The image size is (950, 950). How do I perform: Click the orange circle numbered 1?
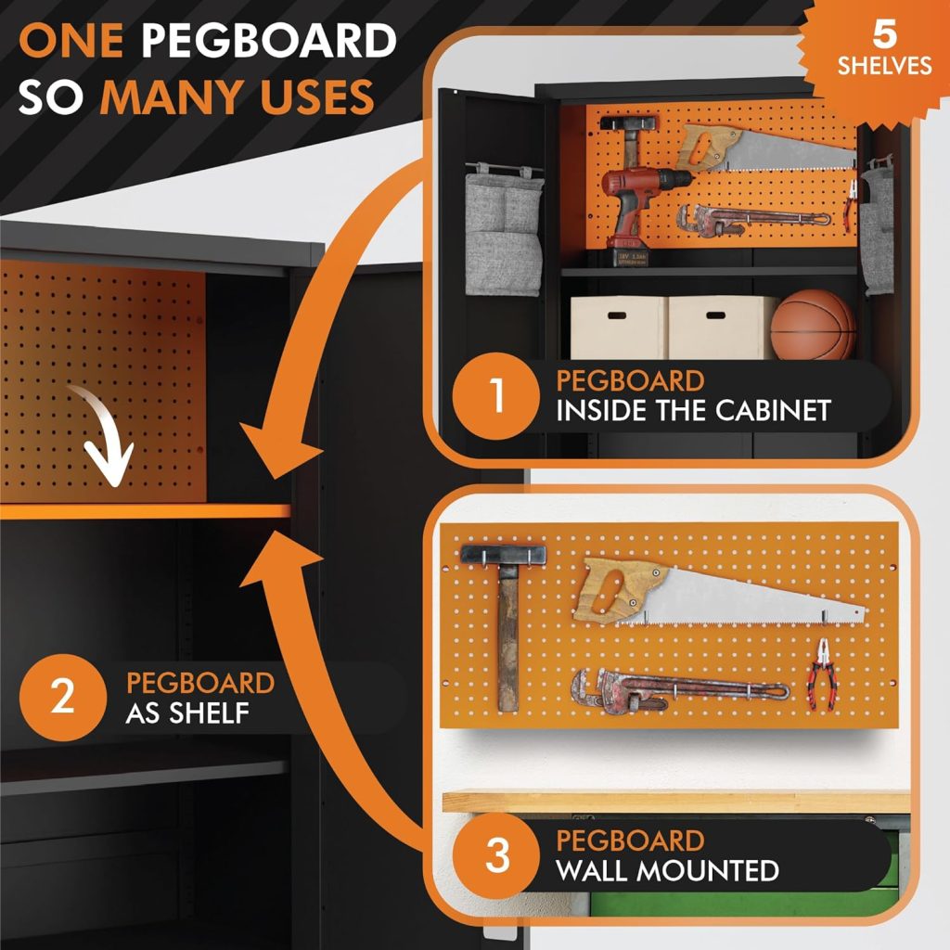[497, 396]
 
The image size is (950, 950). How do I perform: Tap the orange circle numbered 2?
[62, 697]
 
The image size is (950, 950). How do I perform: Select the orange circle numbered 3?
[497, 855]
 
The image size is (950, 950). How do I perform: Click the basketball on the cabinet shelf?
[814, 326]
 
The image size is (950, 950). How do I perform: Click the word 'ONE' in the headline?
[71, 42]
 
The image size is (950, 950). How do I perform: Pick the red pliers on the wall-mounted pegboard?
[820, 674]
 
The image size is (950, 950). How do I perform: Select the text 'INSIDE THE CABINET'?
[692, 411]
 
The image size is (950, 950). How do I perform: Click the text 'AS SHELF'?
[190, 714]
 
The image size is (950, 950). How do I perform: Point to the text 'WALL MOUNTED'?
[667, 871]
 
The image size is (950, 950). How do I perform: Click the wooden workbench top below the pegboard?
[677, 800]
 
